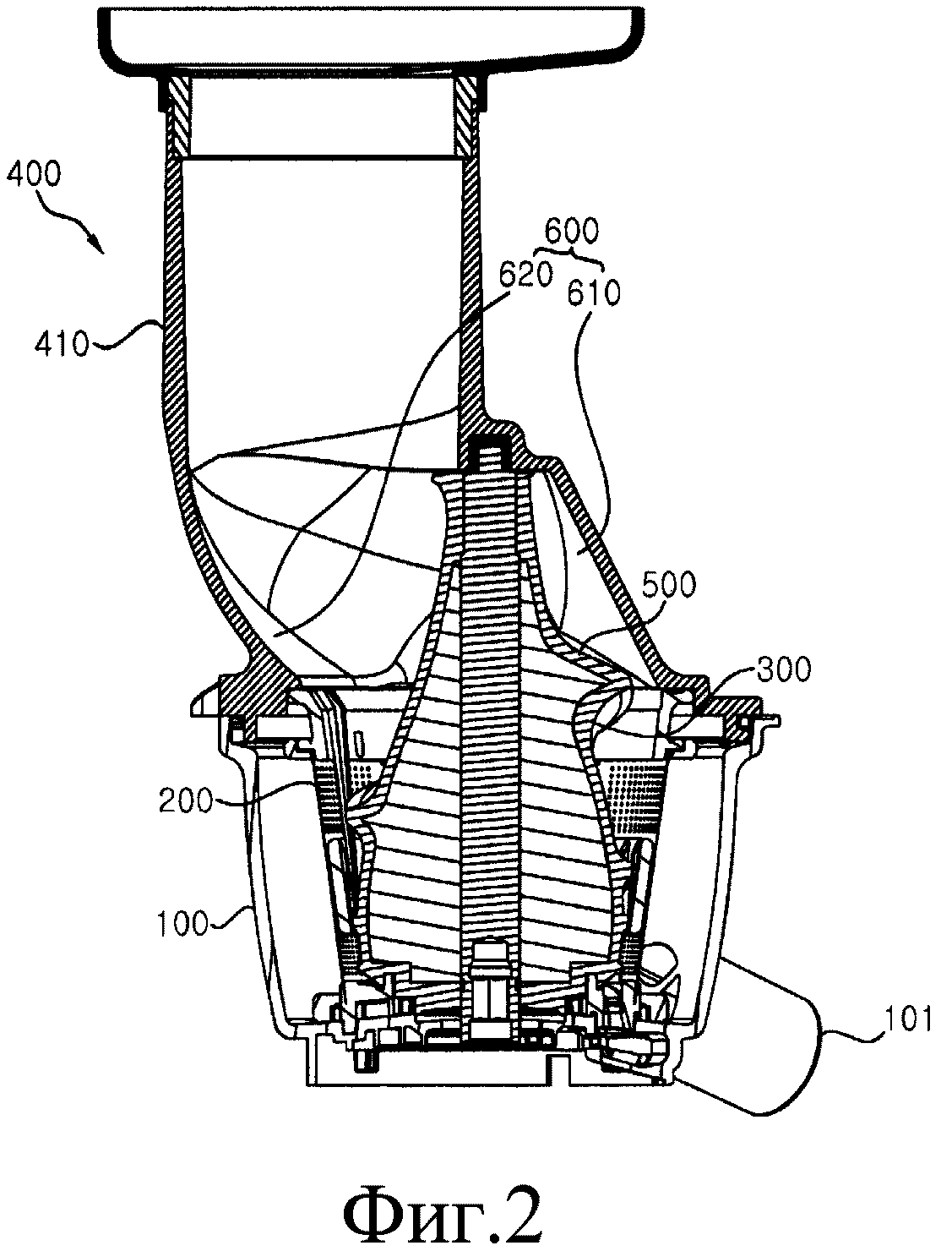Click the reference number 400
(x=32, y=176)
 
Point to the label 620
(x=525, y=276)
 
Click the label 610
(x=593, y=293)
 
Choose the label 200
(x=186, y=800)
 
